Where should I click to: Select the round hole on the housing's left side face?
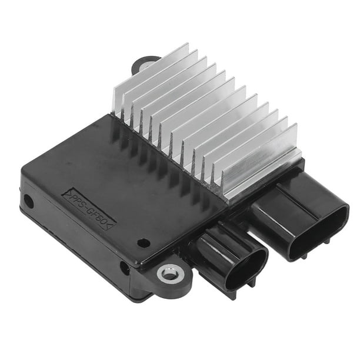tap(28, 202)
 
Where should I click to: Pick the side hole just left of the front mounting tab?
tap(125, 268)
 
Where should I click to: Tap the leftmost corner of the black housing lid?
tap(24, 171)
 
